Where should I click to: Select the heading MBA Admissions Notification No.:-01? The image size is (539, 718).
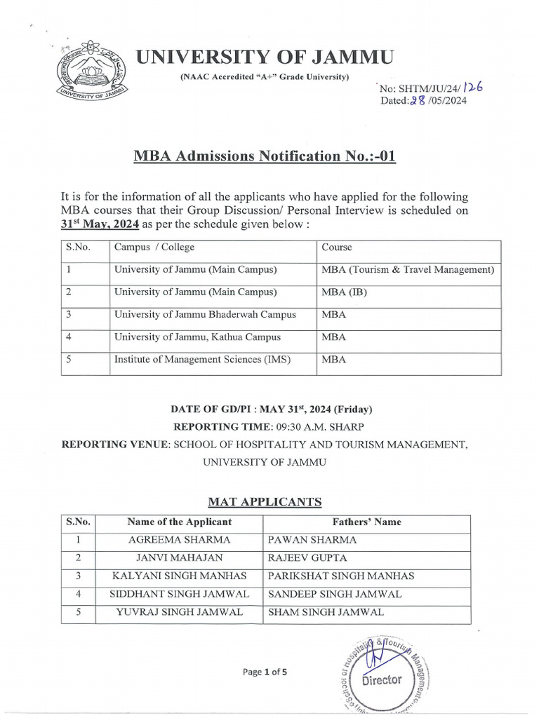coord(265,156)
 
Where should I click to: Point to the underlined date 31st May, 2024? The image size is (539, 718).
coord(100,224)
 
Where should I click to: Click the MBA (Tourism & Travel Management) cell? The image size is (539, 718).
coord(408,270)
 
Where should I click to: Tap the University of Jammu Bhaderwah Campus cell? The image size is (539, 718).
coord(205,315)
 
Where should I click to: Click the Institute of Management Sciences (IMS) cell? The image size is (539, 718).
coord(202,360)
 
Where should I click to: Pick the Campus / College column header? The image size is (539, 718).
coord(154,248)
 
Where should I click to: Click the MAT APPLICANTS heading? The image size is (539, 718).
coord(265,501)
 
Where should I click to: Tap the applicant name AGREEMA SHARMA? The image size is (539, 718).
coord(180,540)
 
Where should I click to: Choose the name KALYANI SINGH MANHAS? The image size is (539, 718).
coord(180,576)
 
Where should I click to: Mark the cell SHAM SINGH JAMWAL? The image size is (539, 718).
coord(326,612)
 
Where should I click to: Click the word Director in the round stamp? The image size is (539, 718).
coord(382,679)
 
